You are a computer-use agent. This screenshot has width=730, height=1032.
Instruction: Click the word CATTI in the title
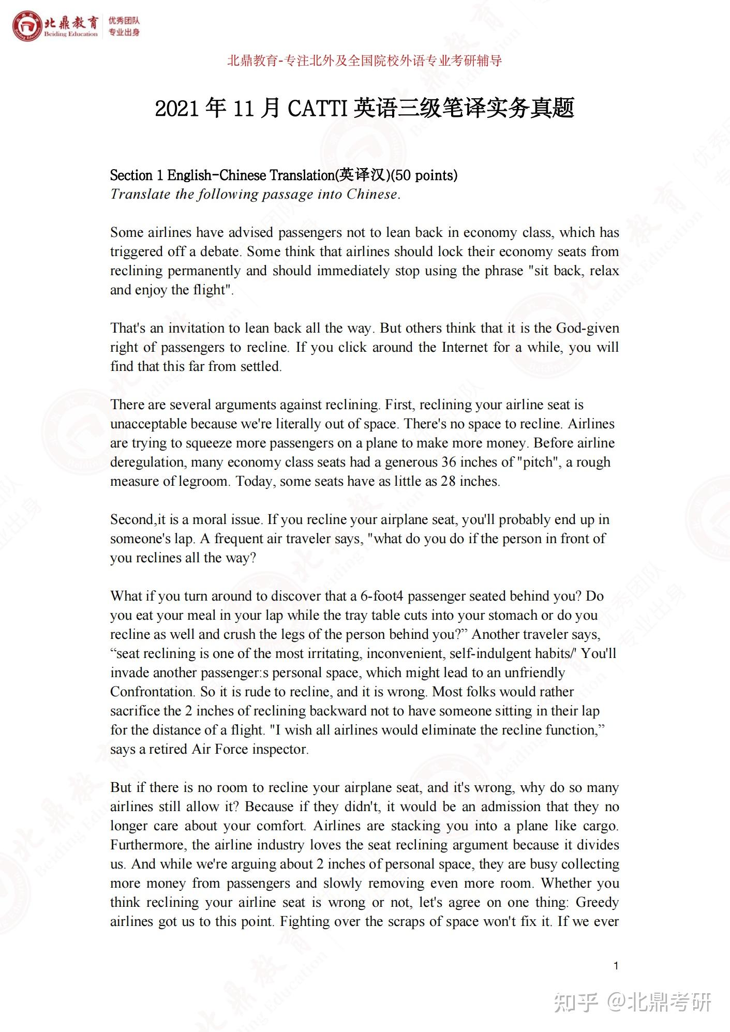[x=316, y=108]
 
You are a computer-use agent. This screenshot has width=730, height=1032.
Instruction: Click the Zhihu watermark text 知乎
[x=576, y=1003]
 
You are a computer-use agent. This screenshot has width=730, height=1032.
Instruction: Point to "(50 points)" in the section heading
[x=424, y=175]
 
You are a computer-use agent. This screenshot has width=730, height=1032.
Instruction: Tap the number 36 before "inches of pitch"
[x=450, y=462]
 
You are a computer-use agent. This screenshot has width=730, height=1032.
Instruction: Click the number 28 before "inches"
[x=448, y=481]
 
